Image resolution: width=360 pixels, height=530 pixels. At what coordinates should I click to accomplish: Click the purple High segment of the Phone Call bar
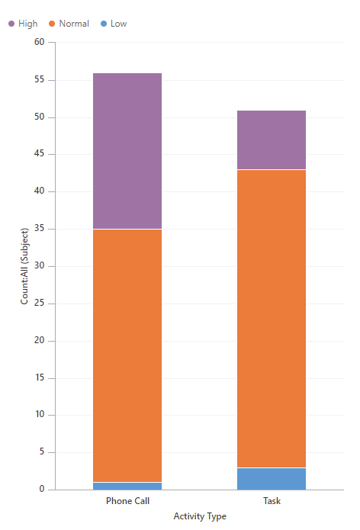click(127, 151)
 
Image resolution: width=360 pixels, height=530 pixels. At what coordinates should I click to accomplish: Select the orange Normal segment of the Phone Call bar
click(127, 355)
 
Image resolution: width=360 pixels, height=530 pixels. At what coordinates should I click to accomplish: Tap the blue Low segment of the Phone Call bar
click(127, 486)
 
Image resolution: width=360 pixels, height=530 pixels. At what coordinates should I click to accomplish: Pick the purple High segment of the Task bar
click(272, 140)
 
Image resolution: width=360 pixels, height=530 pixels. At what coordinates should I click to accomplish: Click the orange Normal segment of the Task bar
click(272, 319)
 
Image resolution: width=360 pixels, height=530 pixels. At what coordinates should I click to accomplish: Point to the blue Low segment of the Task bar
click(272, 479)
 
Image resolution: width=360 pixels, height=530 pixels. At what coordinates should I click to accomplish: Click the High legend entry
click(23, 24)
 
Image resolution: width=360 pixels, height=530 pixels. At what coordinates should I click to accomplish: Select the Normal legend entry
click(68, 24)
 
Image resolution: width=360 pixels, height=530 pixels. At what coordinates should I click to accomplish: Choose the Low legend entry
click(114, 24)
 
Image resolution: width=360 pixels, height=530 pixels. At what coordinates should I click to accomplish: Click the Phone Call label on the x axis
click(127, 502)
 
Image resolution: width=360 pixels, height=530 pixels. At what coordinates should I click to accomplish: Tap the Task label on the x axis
click(272, 502)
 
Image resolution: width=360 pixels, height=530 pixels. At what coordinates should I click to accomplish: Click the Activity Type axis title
click(200, 516)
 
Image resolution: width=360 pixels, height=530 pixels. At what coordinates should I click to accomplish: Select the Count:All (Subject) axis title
click(24, 265)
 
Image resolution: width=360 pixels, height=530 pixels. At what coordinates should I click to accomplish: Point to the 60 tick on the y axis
click(40, 43)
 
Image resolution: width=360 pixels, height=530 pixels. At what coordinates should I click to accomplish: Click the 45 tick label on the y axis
click(40, 154)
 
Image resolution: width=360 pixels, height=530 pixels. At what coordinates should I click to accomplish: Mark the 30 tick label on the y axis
click(40, 266)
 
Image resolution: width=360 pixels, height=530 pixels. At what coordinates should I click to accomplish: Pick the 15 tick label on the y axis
click(40, 378)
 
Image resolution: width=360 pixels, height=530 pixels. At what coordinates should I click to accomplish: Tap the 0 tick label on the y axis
click(42, 490)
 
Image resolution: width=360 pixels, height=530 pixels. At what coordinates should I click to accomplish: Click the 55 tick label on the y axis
click(40, 80)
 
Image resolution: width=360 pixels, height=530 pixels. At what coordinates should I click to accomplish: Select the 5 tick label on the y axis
click(42, 452)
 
